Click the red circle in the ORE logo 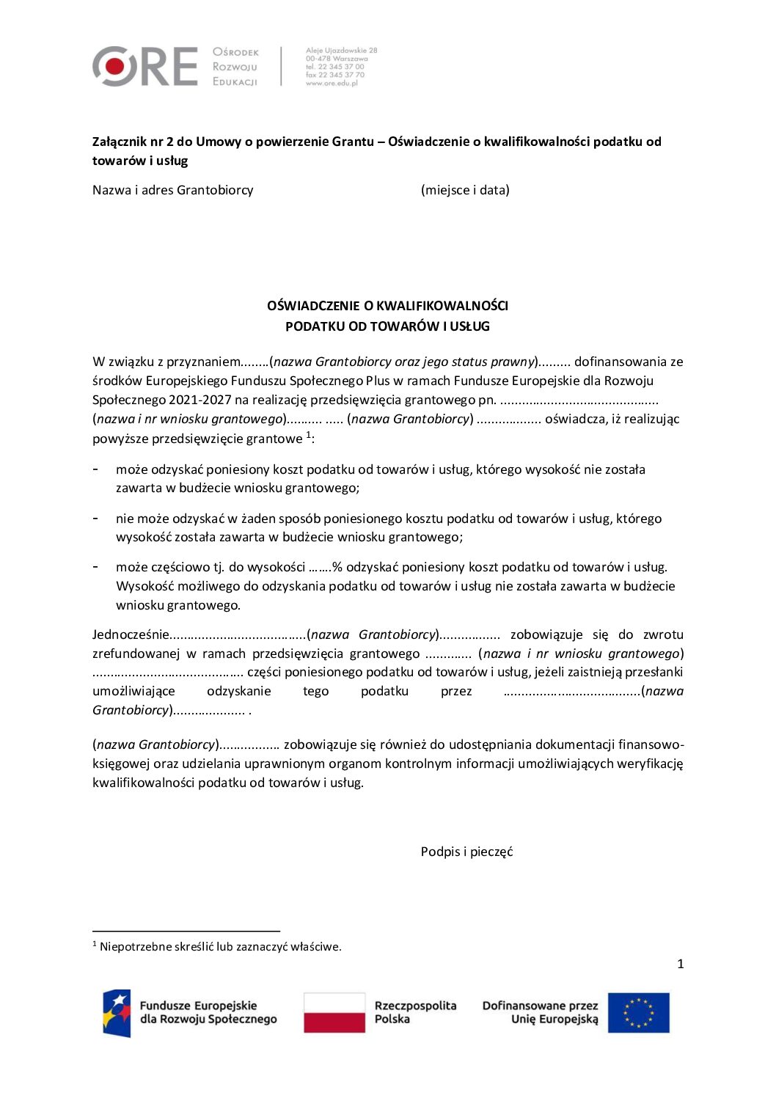tap(114, 67)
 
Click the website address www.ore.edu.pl tap(332, 84)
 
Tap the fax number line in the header tap(334, 75)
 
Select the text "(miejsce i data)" tap(465, 190)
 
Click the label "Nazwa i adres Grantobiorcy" tap(172, 190)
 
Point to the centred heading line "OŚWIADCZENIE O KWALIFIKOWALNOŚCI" tap(387, 306)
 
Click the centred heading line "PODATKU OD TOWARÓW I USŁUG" tap(387, 326)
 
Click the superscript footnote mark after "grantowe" tap(309, 435)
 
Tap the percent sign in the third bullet tap(337, 567)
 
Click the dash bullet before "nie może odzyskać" tap(95, 518)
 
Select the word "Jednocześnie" tap(131, 634)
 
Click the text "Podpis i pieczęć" tap(466, 852)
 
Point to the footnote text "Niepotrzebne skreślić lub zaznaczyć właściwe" tap(220, 947)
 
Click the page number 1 tap(680, 964)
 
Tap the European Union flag tap(638, 1013)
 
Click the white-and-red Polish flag tap(334, 1013)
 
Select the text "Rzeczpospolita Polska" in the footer tap(415, 1012)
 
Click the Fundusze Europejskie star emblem tap(117, 1013)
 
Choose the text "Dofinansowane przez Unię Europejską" tap(540, 1012)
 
